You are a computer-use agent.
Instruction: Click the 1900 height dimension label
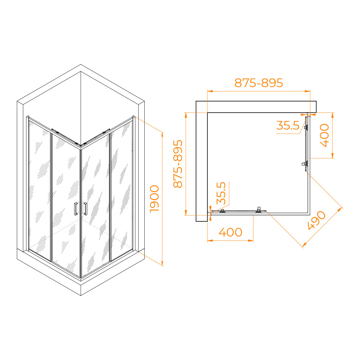(x=154, y=199)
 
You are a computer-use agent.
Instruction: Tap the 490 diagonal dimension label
(x=316, y=220)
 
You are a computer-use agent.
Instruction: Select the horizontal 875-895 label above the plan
(x=259, y=83)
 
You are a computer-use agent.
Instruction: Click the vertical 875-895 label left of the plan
(x=178, y=164)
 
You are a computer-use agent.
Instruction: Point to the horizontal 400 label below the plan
(x=230, y=232)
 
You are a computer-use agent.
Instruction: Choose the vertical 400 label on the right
(x=324, y=135)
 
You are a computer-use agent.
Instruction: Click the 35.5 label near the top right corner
(x=288, y=125)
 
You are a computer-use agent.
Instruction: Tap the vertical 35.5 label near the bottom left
(x=221, y=193)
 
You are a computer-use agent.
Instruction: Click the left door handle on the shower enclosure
(x=76, y=209)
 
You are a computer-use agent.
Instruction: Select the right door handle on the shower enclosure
(x=86, y=209)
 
